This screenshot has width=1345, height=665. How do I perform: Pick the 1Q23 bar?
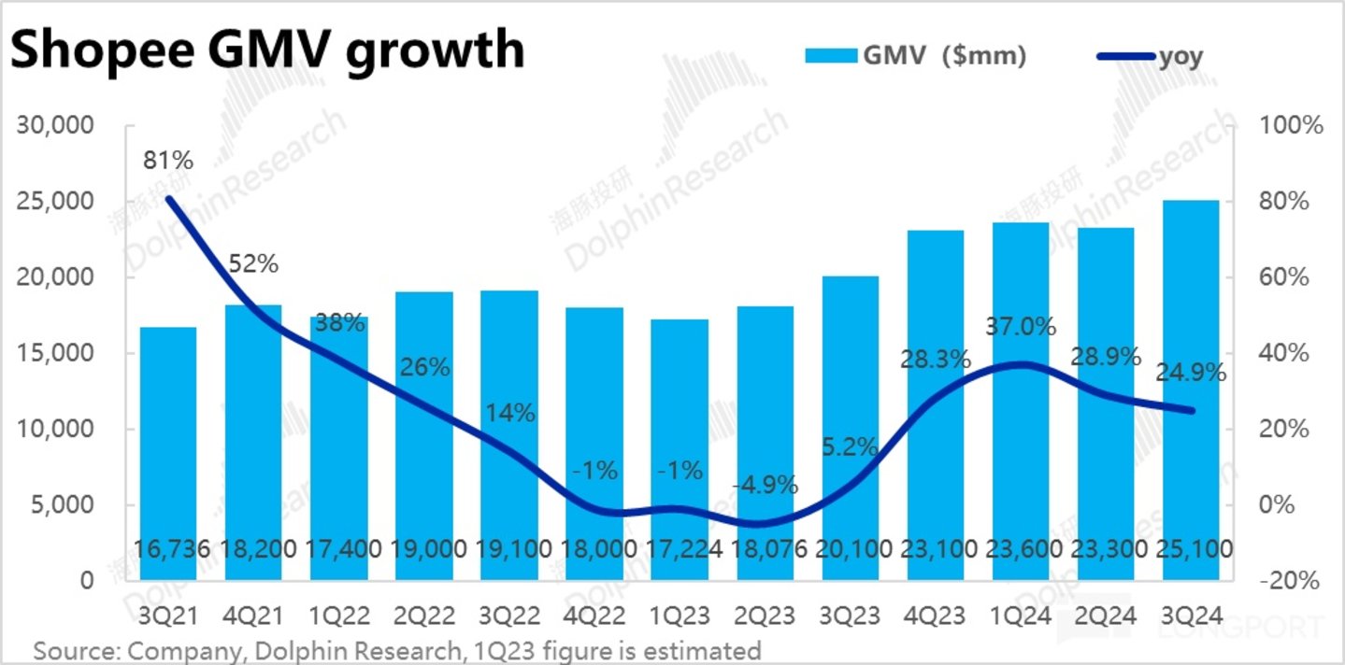tap(680, 449)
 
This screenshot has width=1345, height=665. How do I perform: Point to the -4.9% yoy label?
tap(765, 485)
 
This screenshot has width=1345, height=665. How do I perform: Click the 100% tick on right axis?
tap(1291, 126)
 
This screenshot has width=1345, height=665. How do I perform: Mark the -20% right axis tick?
tap(1291, 580)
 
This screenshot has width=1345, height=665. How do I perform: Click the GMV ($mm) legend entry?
tap(916, 56)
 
